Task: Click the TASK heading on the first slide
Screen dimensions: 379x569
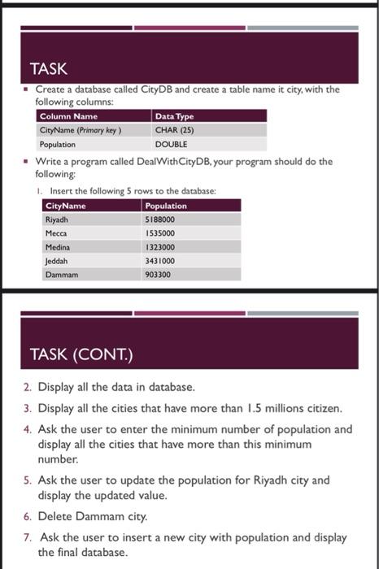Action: click(48, 69)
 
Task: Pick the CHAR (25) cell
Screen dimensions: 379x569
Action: click(172, 130)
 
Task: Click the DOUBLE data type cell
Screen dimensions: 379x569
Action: click(171, 144)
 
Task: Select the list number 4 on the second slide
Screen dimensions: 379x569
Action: click(28, 428)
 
